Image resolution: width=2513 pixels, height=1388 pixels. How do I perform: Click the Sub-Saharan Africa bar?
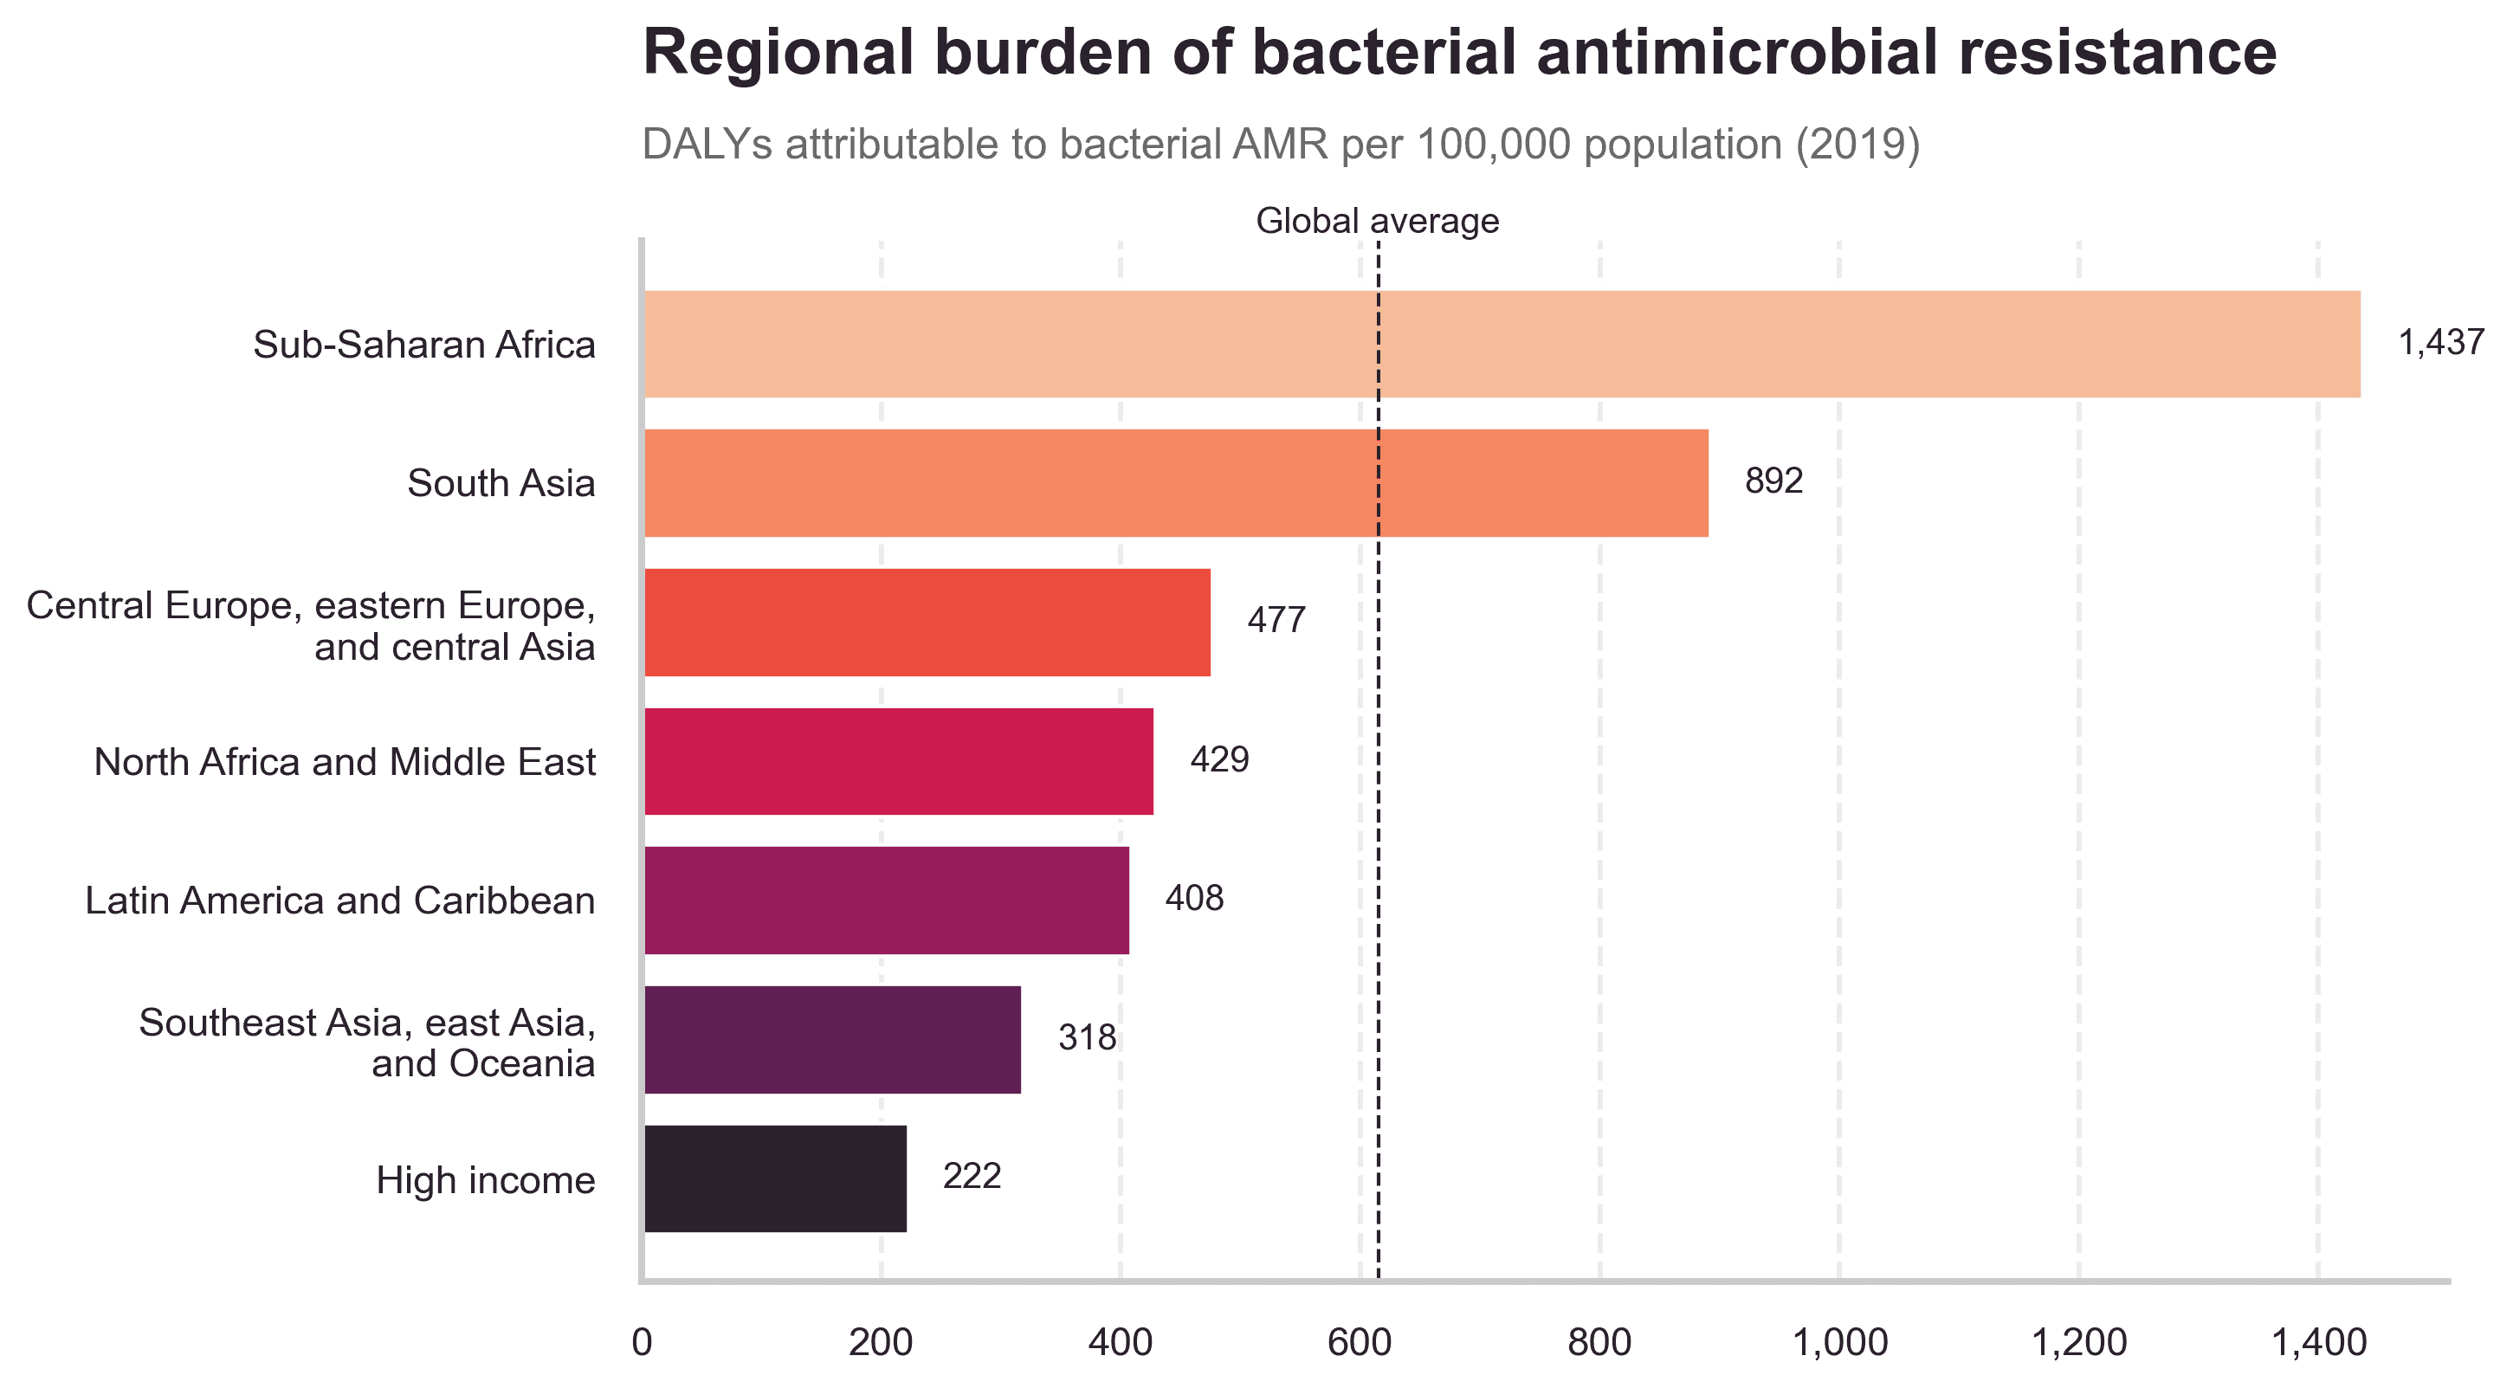tap(1502, 344)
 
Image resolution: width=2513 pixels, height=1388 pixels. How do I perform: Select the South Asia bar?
tap(1175, 483)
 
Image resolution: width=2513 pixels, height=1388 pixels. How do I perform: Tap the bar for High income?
tap(776, 1178)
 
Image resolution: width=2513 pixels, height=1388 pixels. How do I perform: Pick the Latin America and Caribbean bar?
tap(887, 900)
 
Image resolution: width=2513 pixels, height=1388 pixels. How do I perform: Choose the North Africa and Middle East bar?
tap(899, 761)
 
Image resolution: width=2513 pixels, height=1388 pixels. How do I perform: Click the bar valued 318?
tap(832, 1039)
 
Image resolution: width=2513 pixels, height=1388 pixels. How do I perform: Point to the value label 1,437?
tap(2441, 342)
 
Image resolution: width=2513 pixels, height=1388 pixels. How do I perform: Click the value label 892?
tap(1773, 481)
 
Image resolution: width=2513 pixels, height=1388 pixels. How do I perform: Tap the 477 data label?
tap(1276, 620)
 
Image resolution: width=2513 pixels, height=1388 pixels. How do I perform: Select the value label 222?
tap(972, 1177)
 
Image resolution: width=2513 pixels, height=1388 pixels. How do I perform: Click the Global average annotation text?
tap(1377, 222)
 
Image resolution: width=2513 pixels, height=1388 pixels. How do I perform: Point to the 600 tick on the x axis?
tap(1359, 1343)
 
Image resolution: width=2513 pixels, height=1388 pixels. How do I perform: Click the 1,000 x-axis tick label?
tap(1839, 1343)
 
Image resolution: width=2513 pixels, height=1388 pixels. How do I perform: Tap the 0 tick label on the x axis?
tap(642, 1343)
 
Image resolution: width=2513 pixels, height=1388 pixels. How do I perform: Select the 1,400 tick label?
tap(2319, 1343)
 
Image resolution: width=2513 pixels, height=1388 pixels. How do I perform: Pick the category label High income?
tap(485, 1180)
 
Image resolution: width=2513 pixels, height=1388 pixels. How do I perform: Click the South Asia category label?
tap(501, 484)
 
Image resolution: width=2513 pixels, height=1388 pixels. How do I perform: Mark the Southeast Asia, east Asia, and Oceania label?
tap(367, 1043)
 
